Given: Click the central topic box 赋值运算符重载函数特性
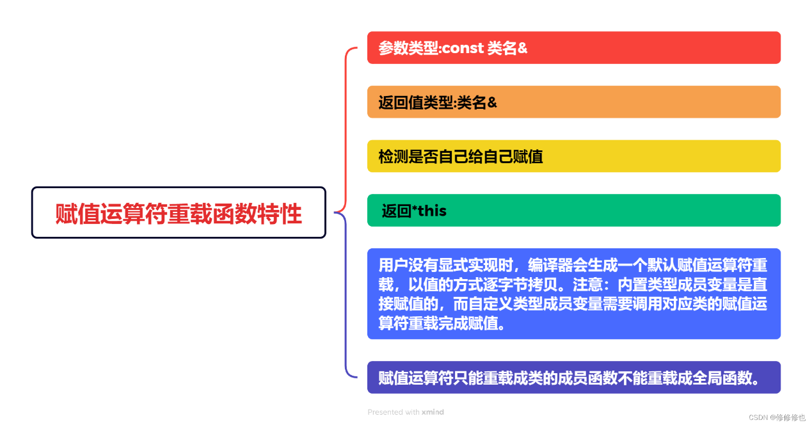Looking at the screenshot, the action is pyautogui.click(x=179, y=212).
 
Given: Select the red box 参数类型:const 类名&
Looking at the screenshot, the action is pyautogui.click(x=574, y=47).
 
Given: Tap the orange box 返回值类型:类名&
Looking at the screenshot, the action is pyautogui.click(x=574, y=102).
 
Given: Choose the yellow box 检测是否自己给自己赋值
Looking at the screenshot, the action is pyautogui.click(x=574, y=156).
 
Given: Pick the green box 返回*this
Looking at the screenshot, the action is pyautogui.click(x=574, y=211).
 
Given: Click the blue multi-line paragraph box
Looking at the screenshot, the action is pyautogui.click(x=574, y=294).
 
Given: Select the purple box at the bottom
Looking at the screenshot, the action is pyautogui.click(x=574, y=378).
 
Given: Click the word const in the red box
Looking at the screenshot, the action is pyautogui.click(x=463, y=48).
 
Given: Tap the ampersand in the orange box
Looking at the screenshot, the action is pyautogui.click(x=492, y=102).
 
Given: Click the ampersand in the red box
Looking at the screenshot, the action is pyautogui.click(x=522, y=48).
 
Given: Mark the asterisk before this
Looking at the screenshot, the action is pyautogui.click(x=415, y=208).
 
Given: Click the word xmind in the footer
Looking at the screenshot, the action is pyautogui.click(x=433, y=412).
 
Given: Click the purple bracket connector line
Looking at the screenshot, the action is pyautogui.click(x=346, y=294).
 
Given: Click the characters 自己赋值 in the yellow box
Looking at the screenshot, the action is pyautogui.click(x=513, y=157).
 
